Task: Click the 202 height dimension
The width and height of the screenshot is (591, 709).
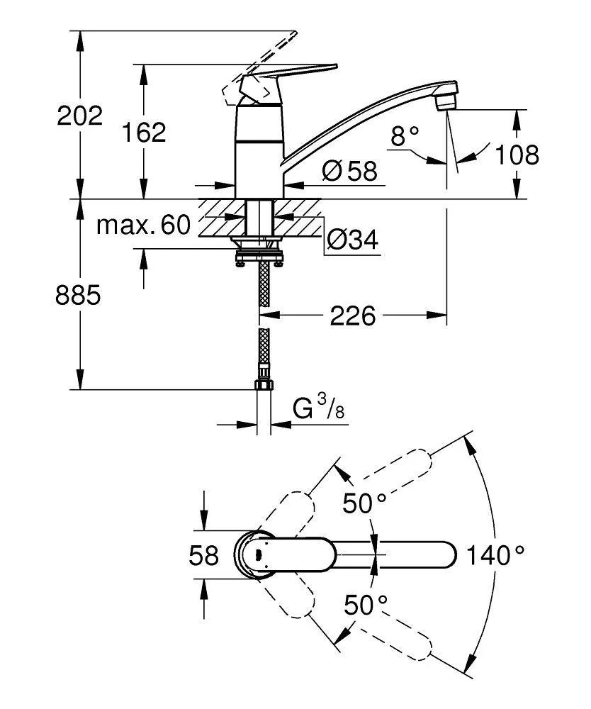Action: pyautogui.click(x=80, y=116)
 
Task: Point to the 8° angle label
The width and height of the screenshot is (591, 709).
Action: pyautogui.click(x=405, y=135)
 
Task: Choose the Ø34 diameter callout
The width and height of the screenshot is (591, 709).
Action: pyautogui.click(x=352, y=241)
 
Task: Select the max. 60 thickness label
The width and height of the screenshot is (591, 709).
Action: pyautogui.click(x=144, y=225)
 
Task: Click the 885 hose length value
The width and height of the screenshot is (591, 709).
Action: pyautogui.click(x=79, y=295)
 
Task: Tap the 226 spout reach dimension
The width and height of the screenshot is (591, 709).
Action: pyautogui.click(x=354, y=316)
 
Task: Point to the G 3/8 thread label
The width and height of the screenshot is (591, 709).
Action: pyautogui.click(x=319, y=409)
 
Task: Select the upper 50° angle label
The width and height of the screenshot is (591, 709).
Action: pyautogui.click(x=364, y=503)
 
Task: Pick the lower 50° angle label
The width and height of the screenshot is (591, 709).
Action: pyautogui.click(x=366, y=605)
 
